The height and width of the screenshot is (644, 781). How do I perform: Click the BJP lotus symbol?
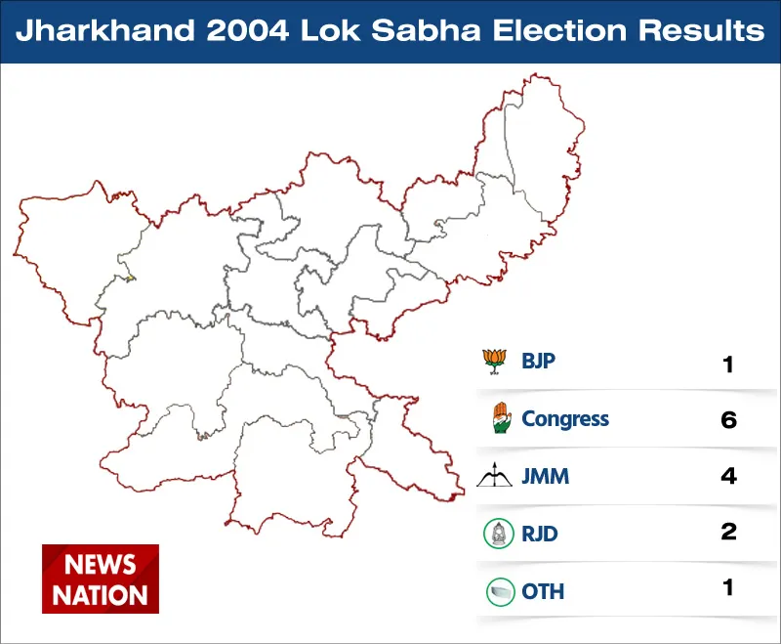click(x=495, y=362)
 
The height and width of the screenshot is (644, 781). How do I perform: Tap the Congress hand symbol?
click(x=502, y=417)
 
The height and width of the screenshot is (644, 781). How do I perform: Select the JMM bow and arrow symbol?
click(x=494, y=475)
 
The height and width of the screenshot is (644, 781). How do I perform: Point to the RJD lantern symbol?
click(x=499, y=534)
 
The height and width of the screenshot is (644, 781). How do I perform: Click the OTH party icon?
click(x=500, y=591)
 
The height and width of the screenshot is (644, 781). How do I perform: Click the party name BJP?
click(x=538, y=361)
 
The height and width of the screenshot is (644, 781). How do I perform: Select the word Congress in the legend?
click(x=565, y=419)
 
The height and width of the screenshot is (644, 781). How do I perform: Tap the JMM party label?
click(x=545, y=476)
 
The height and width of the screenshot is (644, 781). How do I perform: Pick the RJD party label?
click(x=540, y=534)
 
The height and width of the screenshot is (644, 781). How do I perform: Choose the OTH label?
click(x=543, y=591)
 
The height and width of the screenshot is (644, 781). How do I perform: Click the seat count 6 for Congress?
click(x=728, y=419)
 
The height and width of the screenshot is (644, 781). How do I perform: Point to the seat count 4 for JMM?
click(x=728, y=476)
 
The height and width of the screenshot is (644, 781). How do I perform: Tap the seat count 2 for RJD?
click(x=728, y=532)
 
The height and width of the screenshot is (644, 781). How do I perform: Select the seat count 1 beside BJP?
click(x=728, y=365)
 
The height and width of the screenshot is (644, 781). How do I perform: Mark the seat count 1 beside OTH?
click(x=728, y=587)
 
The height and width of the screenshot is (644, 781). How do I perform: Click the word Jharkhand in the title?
click(x=105, y=30)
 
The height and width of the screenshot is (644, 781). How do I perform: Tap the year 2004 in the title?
click(x=248, y=30)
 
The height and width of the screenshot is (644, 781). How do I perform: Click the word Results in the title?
click(x=701, y=30)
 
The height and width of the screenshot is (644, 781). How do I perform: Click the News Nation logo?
click(x=101, y=579)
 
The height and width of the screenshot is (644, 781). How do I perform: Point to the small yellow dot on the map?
click(x=130, y=278)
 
